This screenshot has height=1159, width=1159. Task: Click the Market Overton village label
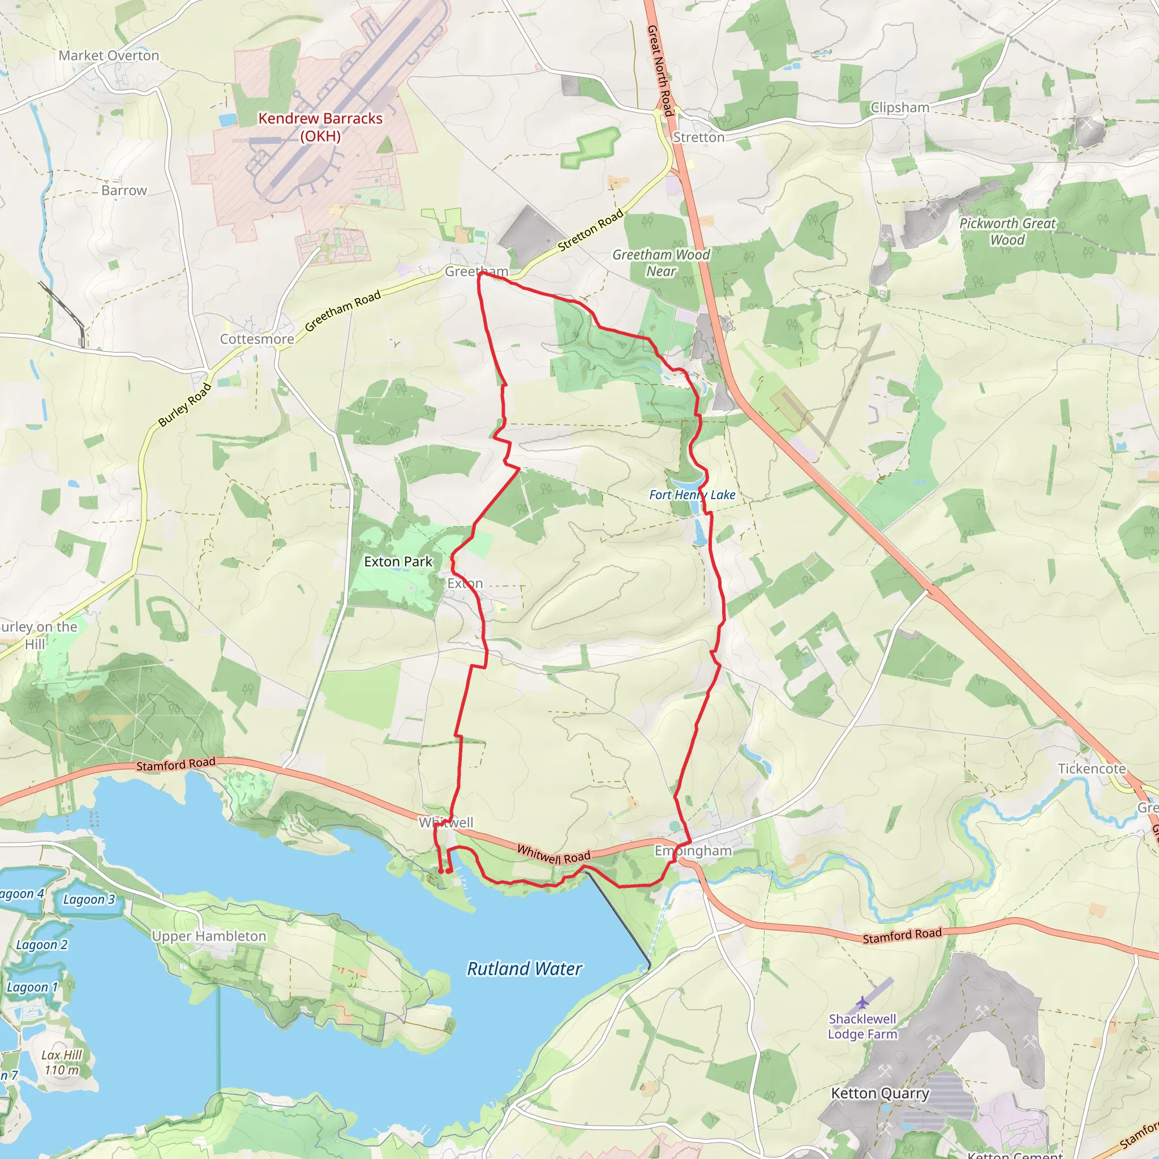click(x=109, y=56)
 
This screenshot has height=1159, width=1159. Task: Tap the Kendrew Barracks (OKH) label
click(x=320, y=127)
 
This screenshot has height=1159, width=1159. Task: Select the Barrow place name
click(x=124, y=191)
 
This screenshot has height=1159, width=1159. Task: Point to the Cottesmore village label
click(x=257, y=340)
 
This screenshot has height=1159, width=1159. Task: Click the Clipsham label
click(x=900, y=108)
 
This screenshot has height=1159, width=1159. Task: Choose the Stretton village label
click(x=699, y=138)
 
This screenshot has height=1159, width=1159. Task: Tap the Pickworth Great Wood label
click(x=1007, y=231)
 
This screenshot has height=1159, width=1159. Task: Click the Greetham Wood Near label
click(x=661, y=263)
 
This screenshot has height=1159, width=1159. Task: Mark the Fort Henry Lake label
click(x=692, y=495)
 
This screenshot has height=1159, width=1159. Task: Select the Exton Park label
click(x=398, y=562)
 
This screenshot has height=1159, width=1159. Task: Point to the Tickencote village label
click(x=1092, y=769)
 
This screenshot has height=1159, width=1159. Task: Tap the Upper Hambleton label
click(x=209, y=937)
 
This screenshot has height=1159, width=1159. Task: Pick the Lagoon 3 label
click(x=89, y=900)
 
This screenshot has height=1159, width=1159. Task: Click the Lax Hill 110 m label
click(x=62, y=1062)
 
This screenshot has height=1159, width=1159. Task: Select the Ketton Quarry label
click(x=880, y=1093)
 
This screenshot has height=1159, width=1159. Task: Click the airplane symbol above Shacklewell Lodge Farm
click(x=862, y=1002)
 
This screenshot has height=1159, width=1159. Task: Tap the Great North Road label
click(x=659, y=70)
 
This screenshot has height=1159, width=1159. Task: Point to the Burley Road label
click(x=184, y=405)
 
